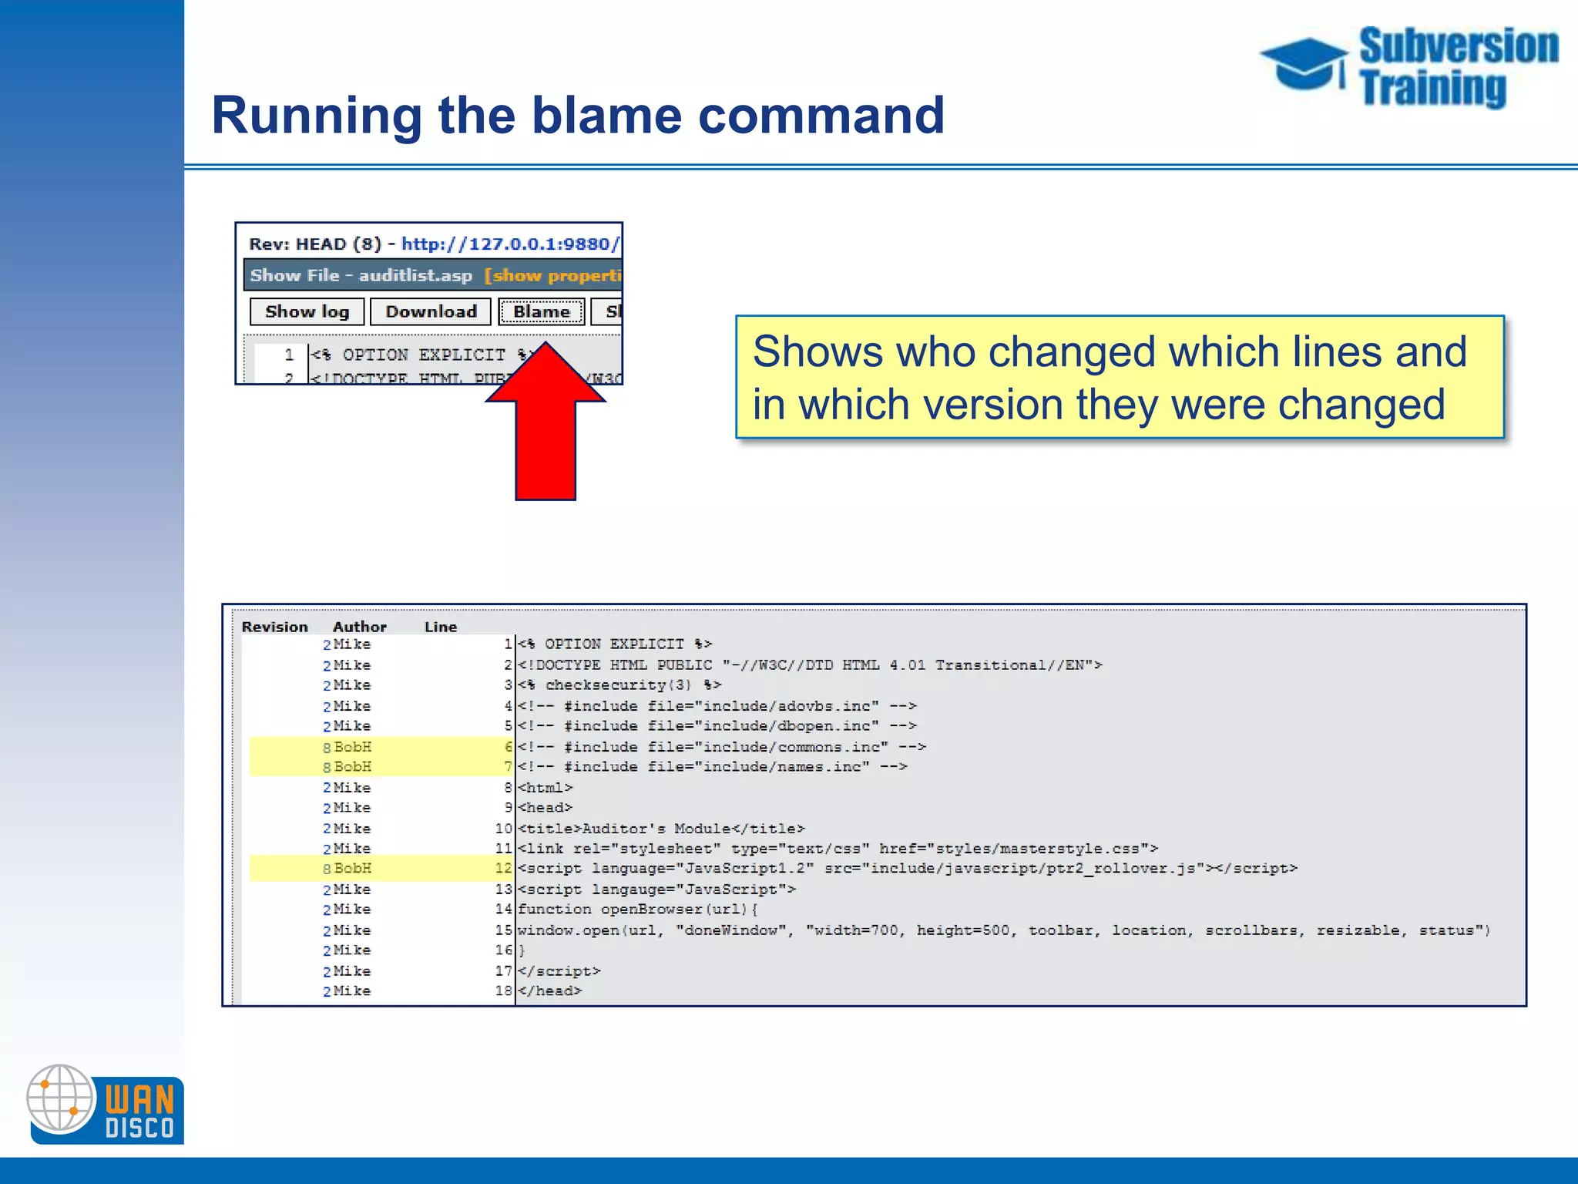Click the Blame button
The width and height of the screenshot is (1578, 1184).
(x=541, y=311)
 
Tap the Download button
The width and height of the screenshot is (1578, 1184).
(x=431, y=311)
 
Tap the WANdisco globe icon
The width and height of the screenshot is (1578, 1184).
(x=60, y=1098)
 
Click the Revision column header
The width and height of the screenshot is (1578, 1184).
(x=274, y=627)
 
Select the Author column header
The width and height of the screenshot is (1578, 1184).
(x=359, y=627)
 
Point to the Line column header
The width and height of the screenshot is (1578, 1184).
(x=440, y=627)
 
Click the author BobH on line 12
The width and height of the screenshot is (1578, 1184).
(x=352, y=868)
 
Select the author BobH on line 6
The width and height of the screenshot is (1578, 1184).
(x=352, y=746)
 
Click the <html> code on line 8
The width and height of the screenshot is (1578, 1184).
(x=546, y=787)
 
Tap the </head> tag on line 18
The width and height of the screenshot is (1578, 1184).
(x=550, y=991)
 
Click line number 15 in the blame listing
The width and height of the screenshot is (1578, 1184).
(x=503, y=930)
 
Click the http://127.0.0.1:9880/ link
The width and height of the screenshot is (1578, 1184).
(x=510, y=244)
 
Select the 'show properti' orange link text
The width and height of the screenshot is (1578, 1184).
(x=553, y=275)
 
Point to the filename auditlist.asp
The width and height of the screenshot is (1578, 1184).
(x=415, y=275)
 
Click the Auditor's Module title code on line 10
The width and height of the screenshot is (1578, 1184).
(x=661, y=828)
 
